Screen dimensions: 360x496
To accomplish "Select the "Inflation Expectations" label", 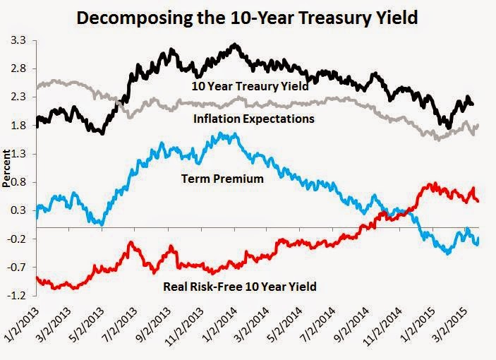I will [254, 119].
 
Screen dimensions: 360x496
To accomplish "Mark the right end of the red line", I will [478, 201].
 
